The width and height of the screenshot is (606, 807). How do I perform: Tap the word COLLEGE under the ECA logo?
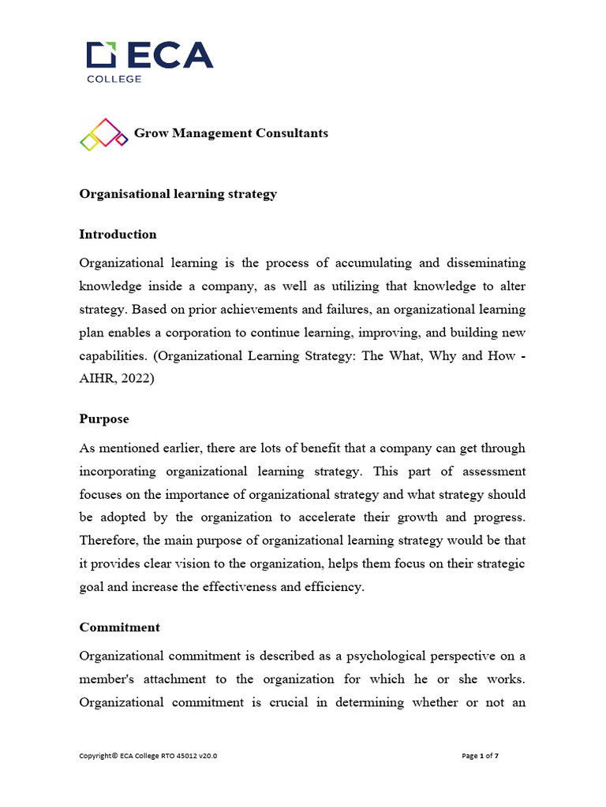point(114,79)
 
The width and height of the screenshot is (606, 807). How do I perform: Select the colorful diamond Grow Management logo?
point(103,134)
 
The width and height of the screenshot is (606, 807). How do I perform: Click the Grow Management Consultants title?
point(231,133)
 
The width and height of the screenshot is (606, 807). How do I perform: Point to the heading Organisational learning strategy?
point(178,194)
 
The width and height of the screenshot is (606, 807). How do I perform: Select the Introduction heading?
point(118,234)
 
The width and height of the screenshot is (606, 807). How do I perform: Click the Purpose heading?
point(104,419)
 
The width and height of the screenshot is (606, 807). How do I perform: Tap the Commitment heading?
point(120,627)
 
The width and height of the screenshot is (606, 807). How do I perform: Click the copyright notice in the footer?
point(148,756)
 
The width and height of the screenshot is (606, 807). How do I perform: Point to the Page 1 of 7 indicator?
point(480,756)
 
